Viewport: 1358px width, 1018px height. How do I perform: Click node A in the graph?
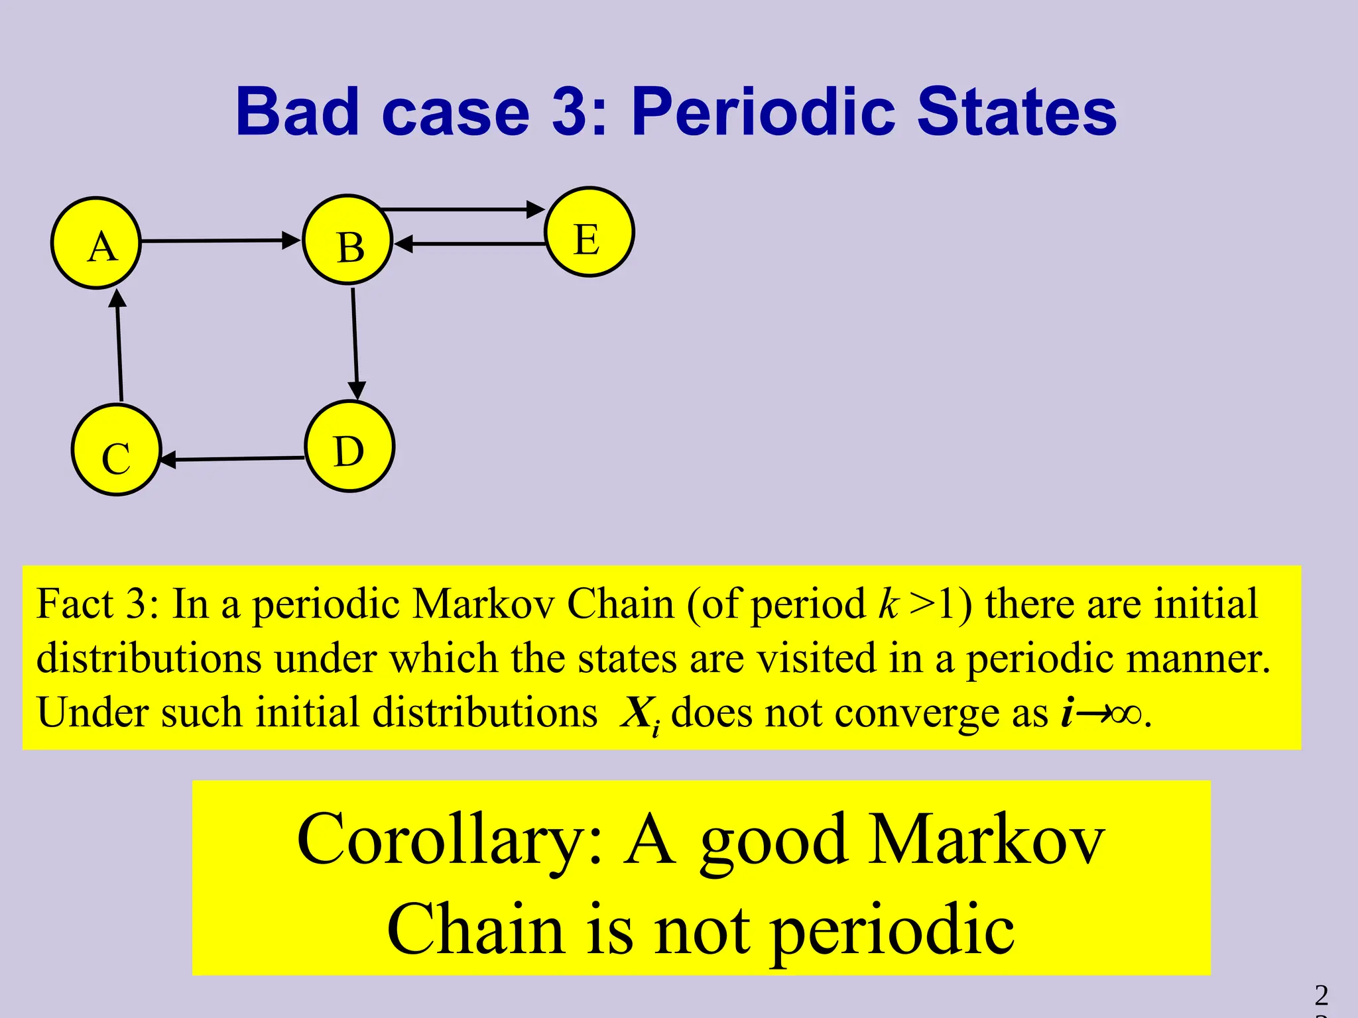click(96, 243)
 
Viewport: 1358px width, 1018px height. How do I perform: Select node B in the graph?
click(348, 240)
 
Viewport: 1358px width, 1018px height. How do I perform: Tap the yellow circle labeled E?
click(589, 232)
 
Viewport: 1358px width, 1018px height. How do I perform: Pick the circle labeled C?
click(116, 450)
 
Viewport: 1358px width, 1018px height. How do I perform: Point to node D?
click(349, 447)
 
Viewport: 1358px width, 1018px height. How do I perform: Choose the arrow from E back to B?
click(471, 244)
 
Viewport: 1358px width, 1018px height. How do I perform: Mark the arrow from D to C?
click(233, 459)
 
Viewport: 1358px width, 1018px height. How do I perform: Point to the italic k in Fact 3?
click(887, 604)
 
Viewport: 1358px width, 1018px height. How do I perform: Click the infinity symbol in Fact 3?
click(1125, 714)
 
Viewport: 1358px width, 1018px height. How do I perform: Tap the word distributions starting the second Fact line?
click(149, 659)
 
